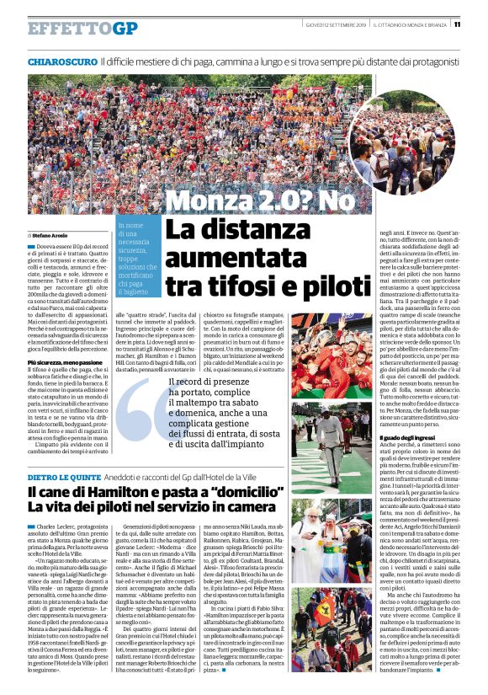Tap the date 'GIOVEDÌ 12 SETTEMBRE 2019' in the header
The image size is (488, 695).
[332, 25]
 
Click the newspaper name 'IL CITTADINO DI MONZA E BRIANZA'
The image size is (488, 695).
[411, 25]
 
